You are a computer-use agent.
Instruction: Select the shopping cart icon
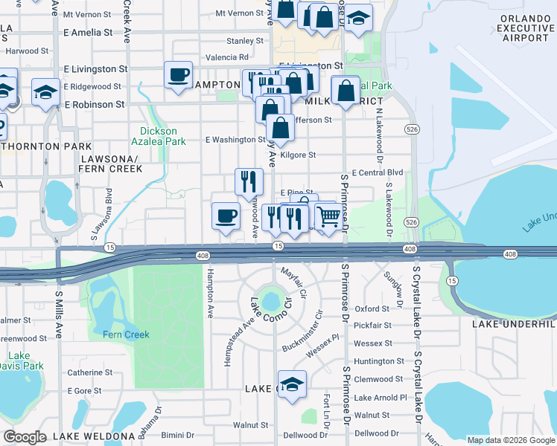tap(328, 217)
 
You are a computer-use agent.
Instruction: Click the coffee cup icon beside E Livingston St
tap(179, 75)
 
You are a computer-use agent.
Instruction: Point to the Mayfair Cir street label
tap(293, 282)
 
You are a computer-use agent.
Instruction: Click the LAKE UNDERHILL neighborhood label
tap(515, 324)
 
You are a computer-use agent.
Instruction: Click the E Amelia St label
tap(88, 33)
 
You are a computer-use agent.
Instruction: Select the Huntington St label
tap(379, 361)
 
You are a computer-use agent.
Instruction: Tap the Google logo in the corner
tap(25, 436)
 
